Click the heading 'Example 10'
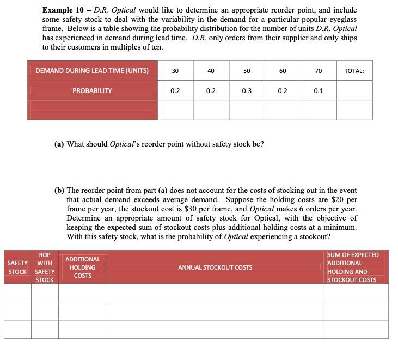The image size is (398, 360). [65, 10]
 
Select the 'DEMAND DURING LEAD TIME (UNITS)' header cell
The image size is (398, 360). [92, 71]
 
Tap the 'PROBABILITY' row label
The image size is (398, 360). [92, 91]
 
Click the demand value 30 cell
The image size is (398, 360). [175, 71]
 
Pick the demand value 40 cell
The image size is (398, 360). [211, 71]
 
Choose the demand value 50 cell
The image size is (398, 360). [247, 71]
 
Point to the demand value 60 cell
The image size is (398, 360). [283, 71]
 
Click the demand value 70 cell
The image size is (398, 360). [319, 71]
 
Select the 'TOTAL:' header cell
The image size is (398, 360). [354, 71]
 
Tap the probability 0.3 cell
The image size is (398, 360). [247, 91]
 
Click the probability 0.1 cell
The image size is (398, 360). [319, 91]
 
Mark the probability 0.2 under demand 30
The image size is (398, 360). [175, 91]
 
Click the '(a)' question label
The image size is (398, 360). [59, 144]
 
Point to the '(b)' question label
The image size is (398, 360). [59, 191]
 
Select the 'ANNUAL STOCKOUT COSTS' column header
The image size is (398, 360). [215, 267]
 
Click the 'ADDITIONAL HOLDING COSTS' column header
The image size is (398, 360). [83, 267]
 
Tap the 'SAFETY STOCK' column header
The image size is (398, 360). [17, 267]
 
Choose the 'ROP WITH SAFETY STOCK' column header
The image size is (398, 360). [45, 267]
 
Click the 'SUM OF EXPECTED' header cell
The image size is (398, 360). [353, 255]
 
